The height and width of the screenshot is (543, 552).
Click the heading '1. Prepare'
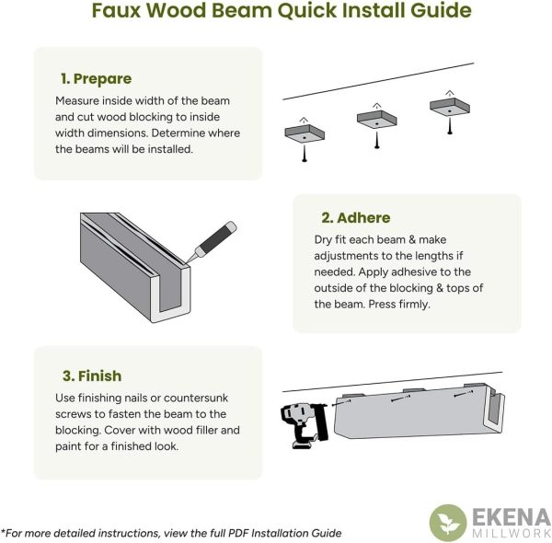(96, 79)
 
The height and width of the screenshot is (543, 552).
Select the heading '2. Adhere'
(355, 217)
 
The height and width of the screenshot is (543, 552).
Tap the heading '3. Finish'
(92, 375)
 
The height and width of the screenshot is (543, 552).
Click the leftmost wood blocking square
(305, 133)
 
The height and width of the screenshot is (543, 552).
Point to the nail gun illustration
(305, 426)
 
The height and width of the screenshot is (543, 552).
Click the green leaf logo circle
(448, 523)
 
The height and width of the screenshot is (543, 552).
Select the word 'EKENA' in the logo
(512, 518)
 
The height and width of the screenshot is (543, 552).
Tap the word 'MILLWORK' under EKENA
(512, 533)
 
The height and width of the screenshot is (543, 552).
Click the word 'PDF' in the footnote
(238, 533)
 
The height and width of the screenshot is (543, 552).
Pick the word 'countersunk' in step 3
(196, 398)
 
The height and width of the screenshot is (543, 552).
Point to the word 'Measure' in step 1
(77, 100)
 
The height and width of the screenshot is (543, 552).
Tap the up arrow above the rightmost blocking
(449, 93)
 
